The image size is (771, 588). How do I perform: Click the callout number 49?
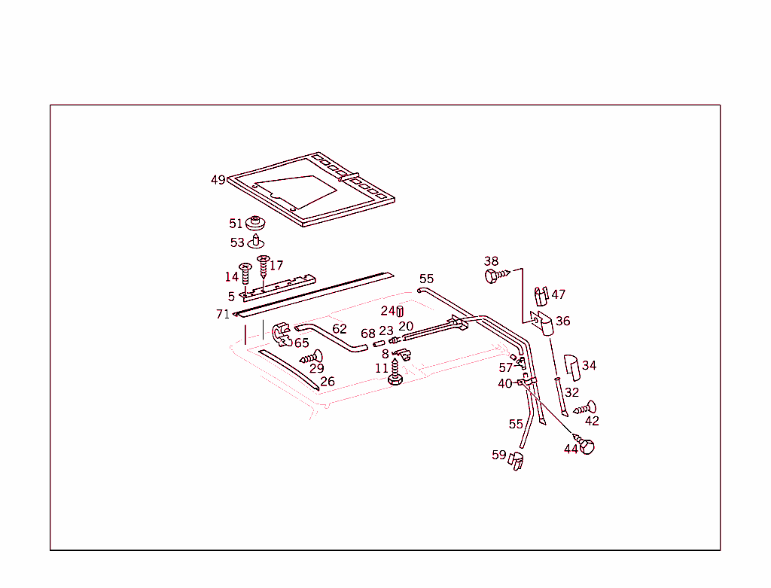coord(218,180)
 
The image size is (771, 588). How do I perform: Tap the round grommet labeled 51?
coord(257,224)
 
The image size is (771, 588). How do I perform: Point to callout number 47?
coord(558,294)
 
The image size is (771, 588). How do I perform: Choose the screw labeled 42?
coord(586,409)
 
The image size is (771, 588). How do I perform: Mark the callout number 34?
coord(589,366)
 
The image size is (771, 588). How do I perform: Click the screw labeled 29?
coord(312,356)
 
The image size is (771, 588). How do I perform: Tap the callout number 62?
coord(340,329)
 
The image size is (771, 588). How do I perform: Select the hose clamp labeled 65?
coord(282,334)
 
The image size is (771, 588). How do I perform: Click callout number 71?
coord(223,314)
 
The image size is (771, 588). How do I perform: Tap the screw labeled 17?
coord(263,267)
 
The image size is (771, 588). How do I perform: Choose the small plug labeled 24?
coord(401,311)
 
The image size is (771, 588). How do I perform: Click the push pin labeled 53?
coord(257,242)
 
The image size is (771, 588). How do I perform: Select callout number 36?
coord(562,321)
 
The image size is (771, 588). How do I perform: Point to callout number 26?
coord(327,382)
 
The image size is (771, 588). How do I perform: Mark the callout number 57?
coord(505,368)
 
